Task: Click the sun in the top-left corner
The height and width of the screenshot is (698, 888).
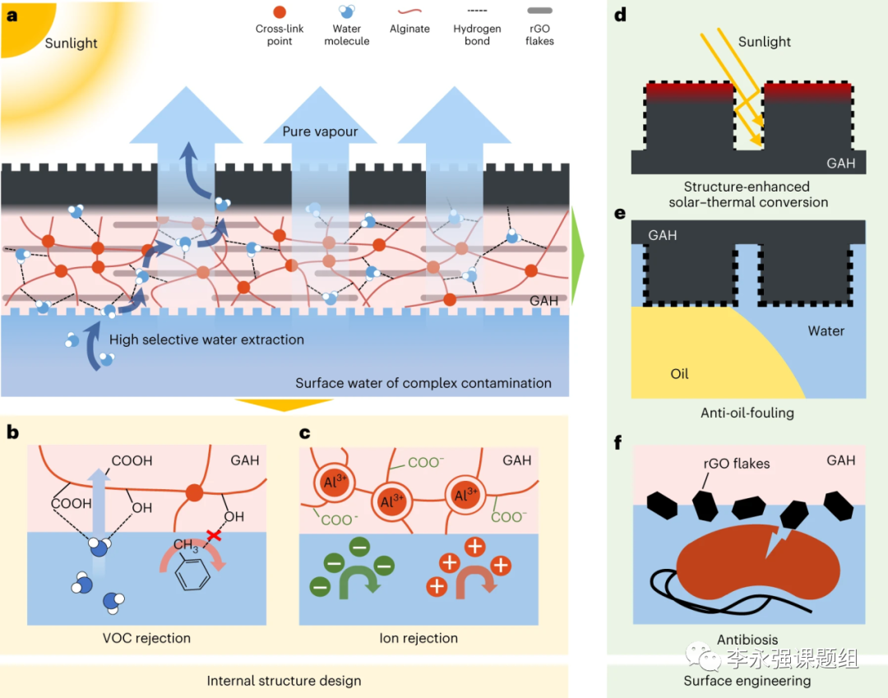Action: point(25,25)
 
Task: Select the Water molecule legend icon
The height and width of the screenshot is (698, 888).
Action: point(347,11)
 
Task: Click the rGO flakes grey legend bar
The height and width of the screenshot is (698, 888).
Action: point(539,12)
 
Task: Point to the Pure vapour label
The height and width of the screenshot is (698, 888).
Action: point(320,132)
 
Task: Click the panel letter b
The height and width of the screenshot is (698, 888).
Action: point(12,432)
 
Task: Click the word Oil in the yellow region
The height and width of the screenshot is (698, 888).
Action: point(679,374)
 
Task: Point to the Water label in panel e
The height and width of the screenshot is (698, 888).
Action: point(826,331)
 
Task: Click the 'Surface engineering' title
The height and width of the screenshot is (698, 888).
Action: point(747,681)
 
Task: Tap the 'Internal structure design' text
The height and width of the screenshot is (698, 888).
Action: point(284,681)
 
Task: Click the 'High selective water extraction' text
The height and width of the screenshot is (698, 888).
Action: point(206,340)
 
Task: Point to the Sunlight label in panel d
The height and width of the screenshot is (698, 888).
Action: point(765,42)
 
